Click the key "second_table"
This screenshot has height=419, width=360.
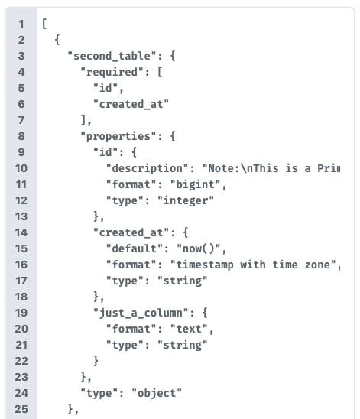click(x=112, y=56)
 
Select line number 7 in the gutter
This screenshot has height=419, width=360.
click(x=21, y=120)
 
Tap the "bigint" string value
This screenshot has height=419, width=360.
click(x=195, y=184)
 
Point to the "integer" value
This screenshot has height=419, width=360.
click(x=186, y=200)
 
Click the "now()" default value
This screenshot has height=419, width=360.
click(x=199, y=248)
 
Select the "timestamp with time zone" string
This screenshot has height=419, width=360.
click(x=253, y=265)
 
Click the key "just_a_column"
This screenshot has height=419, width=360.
click(x=141, y=313)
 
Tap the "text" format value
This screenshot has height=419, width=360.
click(x=189, y=329)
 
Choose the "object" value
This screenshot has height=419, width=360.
click(x=157, y=393)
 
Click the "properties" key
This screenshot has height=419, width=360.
click(x=118, y=136)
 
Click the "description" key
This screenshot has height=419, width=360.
click(x=148, y=168)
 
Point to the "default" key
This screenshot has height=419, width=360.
click(x=135, y=248)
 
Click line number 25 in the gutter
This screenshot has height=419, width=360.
click(x=21, y=409)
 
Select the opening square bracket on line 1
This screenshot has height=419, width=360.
click(x=44, y=24)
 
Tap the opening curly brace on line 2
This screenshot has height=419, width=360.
click(x=57, y=40)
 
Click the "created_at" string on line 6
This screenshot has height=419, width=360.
click(x=131, y=104)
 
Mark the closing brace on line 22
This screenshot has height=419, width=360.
click(x=96, y=361)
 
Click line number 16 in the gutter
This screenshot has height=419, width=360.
click(x=21, y=265)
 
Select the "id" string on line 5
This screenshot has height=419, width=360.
click(x=105, y=88)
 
